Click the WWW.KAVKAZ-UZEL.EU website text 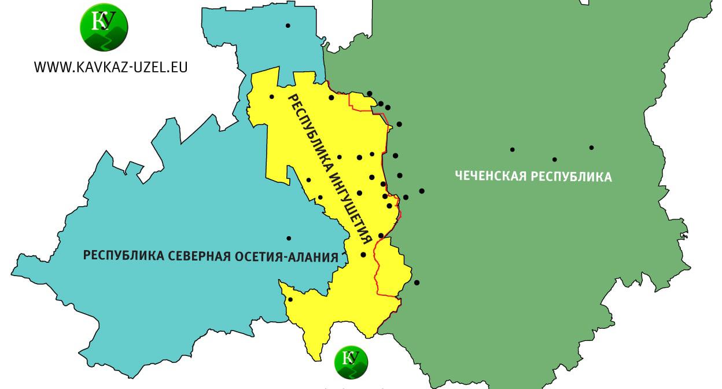click(110, 67)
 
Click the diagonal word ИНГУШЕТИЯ click(347, 203)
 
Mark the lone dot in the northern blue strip click(288, 25)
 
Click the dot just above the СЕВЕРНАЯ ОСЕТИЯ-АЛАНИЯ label click(289, 238)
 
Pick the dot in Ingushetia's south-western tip click(290, 299)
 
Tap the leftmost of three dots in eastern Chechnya click(513, 149)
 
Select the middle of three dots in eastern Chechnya click(554, 159)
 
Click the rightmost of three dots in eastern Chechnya click(591, 148)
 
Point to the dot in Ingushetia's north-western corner click(271, 97)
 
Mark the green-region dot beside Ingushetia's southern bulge click(417, 282)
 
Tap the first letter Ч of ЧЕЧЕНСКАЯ click(458, 175)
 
